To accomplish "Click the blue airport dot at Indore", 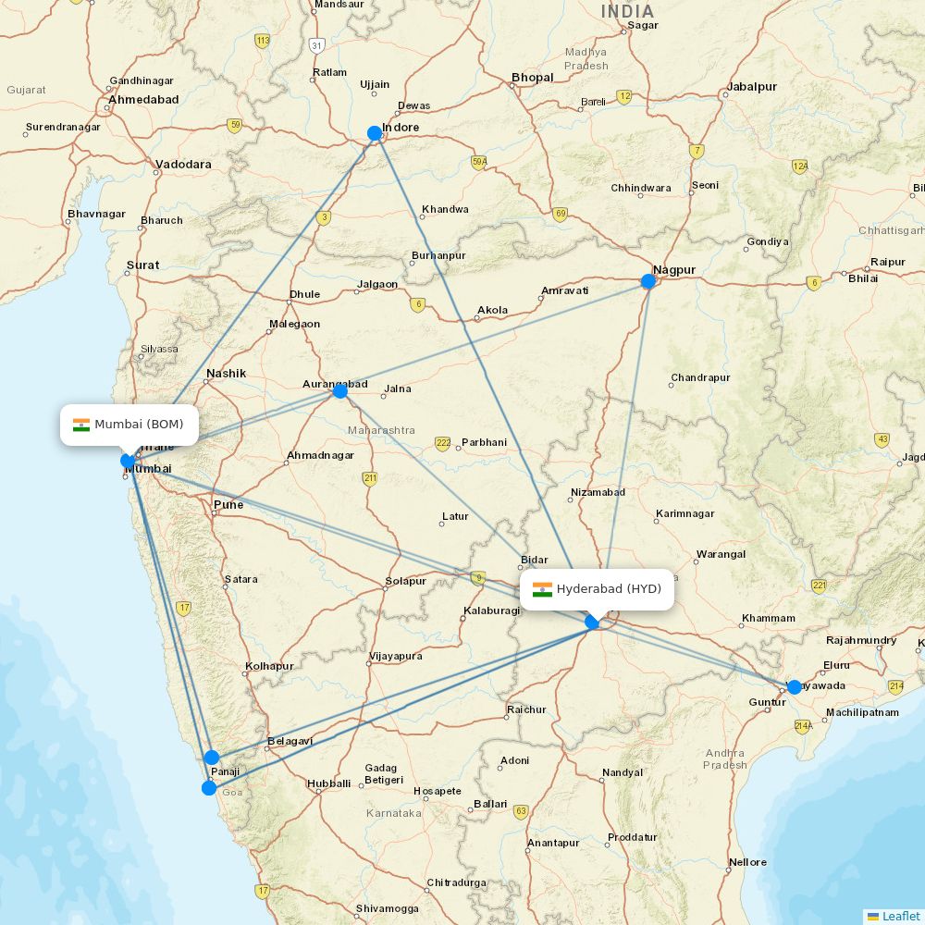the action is click(375, 133).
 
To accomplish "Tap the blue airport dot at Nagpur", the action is click(648, 280).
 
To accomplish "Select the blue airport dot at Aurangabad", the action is click(339, 391).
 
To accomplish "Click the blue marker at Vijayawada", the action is click(794, 687).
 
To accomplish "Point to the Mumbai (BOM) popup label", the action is click(129, 425).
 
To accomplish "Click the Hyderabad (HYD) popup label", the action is click(597, 589).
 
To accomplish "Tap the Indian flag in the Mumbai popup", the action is click(81, 425).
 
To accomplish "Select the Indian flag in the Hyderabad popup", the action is click(542, 589).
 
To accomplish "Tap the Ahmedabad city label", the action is click(144, 99).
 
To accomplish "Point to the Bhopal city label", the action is click(533, 78).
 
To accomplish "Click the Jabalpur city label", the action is click(752, 87).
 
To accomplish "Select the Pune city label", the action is click(228, 505).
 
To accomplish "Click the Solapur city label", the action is click(405, 582).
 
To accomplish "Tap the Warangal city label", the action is click(721, 555).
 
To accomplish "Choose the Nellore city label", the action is click(747, 862).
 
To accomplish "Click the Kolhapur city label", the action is click(269, 666).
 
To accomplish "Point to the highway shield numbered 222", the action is click(443, 444).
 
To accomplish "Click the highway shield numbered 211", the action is click(370, 478).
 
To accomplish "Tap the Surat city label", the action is click(143, 265).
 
